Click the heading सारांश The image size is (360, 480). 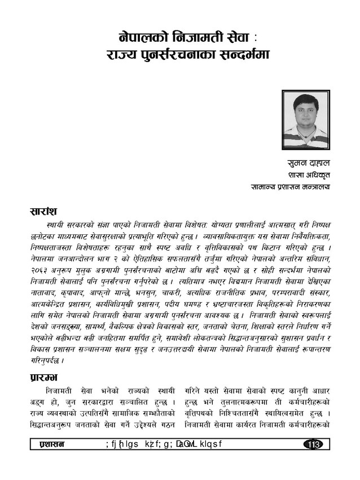click(46, 212)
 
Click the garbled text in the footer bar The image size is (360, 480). click(164, 444)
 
